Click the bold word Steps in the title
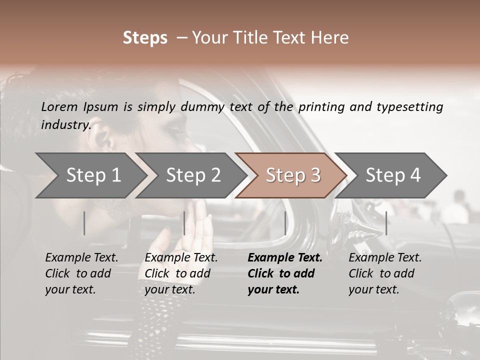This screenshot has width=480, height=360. tap(145, 38)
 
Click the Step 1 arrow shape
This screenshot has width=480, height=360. tap(90, 175)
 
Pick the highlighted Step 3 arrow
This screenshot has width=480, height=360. tap(292, 175)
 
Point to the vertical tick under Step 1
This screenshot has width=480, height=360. tap(84, 223)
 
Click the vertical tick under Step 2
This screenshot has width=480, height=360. tap(184, 223)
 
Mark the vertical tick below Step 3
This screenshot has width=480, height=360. tap(285, 223)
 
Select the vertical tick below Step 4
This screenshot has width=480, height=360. tap(386, 223)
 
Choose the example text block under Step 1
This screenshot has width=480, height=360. tap(81, 273)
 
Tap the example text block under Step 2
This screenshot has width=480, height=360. tap(180, 273)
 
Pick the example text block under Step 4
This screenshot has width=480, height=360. tap(384, 273)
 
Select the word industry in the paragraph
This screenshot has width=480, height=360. tap(65, 124)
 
